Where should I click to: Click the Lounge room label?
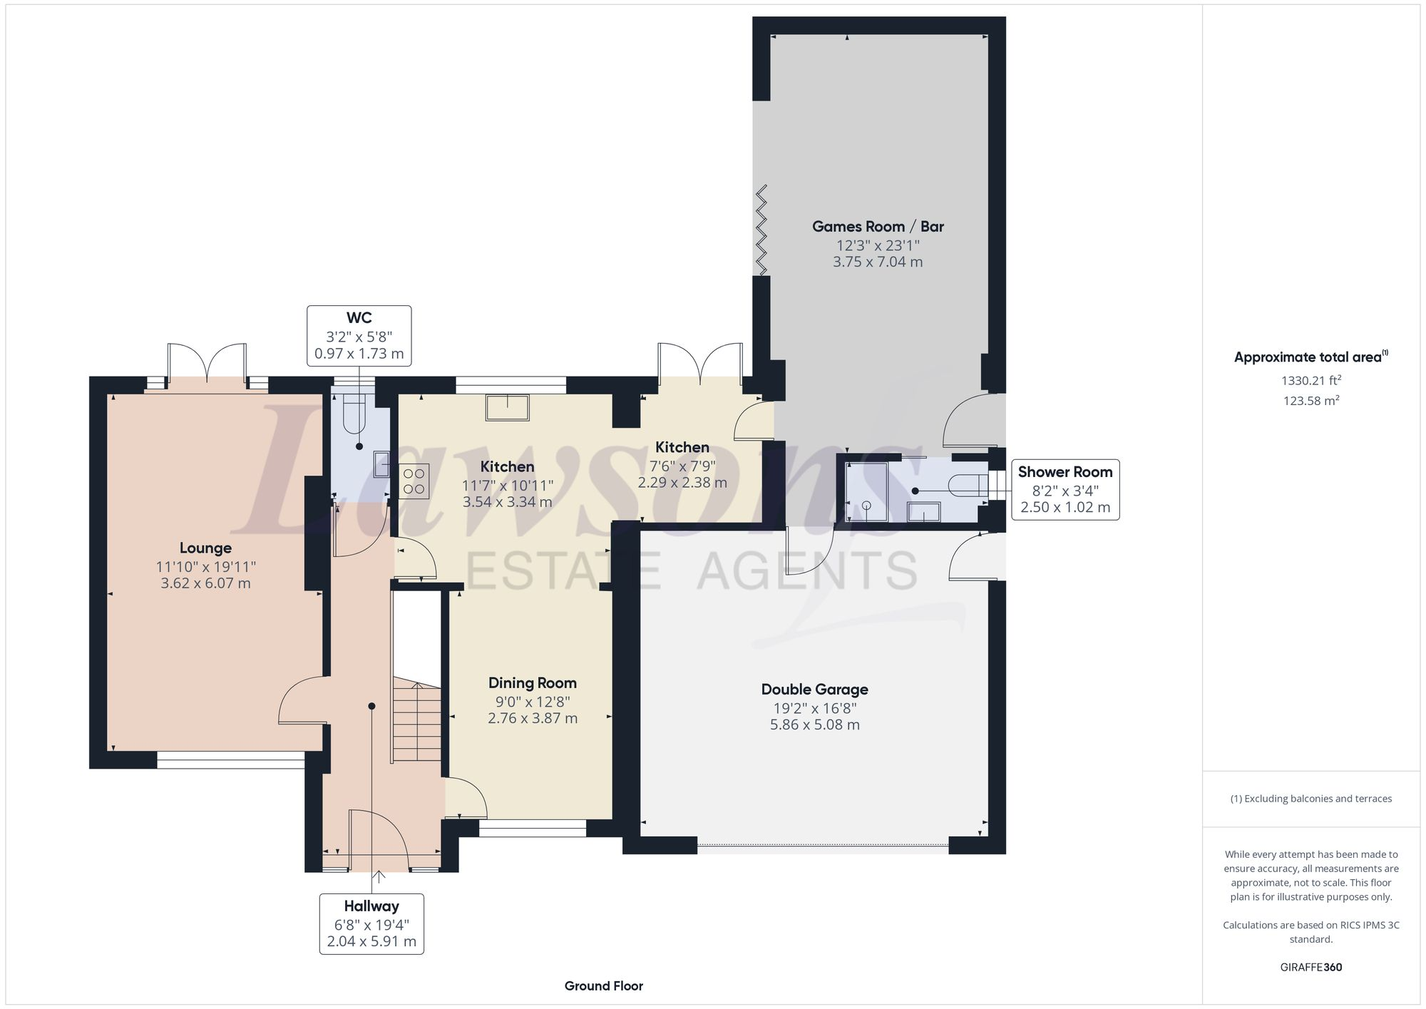tap(205, 548)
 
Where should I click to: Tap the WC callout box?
tap(359, 336)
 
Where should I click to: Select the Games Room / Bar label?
tap(878, 227)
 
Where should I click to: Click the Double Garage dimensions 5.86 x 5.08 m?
tap(814, 725)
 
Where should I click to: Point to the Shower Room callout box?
tap(1065, 489)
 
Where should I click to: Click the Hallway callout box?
tap(371, 924)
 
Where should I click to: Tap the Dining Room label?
tap(532, 683)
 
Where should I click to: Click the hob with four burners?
tap(414, 479)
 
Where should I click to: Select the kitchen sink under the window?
tap(508, 408)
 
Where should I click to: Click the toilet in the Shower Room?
tap(970, 485)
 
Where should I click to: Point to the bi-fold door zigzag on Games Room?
tap(761, 230)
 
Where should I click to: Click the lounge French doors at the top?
tap(207, 364)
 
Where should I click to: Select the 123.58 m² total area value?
tap(1310, 401)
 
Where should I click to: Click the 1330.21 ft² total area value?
tap(1310, 381)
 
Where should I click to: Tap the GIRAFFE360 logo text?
tap(1310, 968)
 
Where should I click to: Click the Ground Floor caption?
tap(603, 986)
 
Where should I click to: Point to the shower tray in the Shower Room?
tap(866, 493)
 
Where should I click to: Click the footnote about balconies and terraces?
tap(1310, 799)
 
